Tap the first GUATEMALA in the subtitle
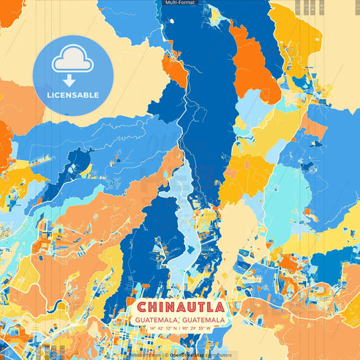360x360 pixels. (x=156, y=319)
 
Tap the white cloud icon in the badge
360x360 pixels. (x=72, y=61)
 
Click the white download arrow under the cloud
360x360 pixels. (x=72, y=80)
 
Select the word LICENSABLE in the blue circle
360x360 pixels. (x=72, y=95)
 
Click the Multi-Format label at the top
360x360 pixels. (x=180, y=3)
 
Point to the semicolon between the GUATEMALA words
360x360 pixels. (x=180, y=320)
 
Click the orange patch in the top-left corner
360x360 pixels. (x=8, y=10)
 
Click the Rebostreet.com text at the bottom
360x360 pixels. (x=146, y=355)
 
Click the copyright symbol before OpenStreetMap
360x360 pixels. (x=165, y=355)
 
